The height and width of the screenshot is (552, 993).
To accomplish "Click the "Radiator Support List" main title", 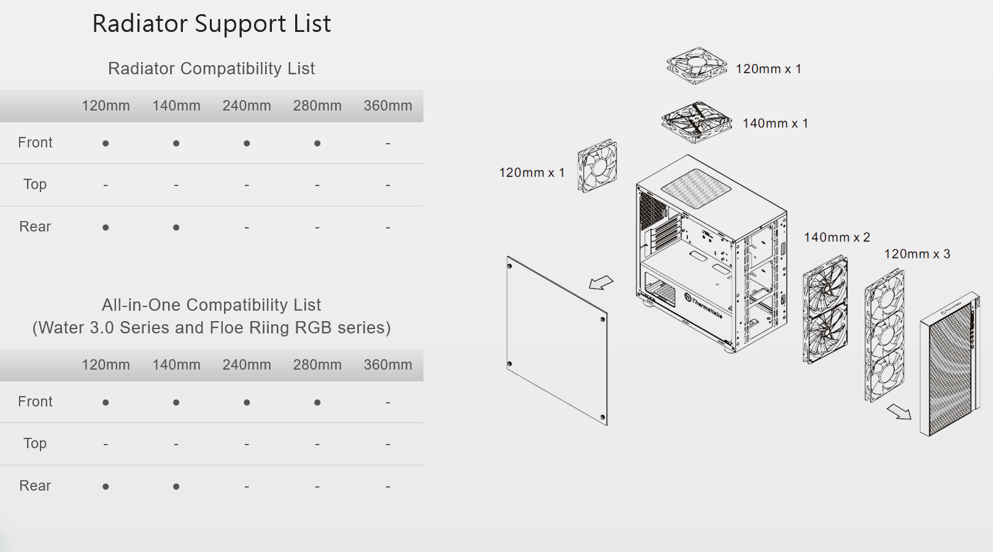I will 211,24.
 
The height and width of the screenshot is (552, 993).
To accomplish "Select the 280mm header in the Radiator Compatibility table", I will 317,106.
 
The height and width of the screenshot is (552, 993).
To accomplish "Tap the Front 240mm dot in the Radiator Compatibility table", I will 247,144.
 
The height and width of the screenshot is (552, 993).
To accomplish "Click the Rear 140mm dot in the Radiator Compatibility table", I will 176,228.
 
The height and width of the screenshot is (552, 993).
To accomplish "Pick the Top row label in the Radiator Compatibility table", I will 35,184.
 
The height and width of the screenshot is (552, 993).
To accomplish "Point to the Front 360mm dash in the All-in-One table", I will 388,403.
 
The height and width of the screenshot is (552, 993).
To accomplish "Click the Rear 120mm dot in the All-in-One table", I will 106,487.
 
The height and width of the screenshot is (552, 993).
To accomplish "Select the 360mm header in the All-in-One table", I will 388,365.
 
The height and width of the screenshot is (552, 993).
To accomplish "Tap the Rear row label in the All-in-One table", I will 35,486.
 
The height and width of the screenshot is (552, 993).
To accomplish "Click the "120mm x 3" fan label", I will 917,254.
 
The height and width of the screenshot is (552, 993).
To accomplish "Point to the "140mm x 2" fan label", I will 837,238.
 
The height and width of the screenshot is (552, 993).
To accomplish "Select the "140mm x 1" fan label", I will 775,123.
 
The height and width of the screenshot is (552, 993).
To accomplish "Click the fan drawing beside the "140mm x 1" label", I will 697,122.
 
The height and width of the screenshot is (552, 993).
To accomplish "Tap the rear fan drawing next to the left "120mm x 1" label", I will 597,166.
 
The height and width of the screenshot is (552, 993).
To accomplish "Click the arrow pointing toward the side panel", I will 601,282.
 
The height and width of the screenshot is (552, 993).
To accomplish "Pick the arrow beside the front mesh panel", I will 899,411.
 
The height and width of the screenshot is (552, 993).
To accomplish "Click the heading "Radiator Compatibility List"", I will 211,69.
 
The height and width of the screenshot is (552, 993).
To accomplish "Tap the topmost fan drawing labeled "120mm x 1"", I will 697,66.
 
